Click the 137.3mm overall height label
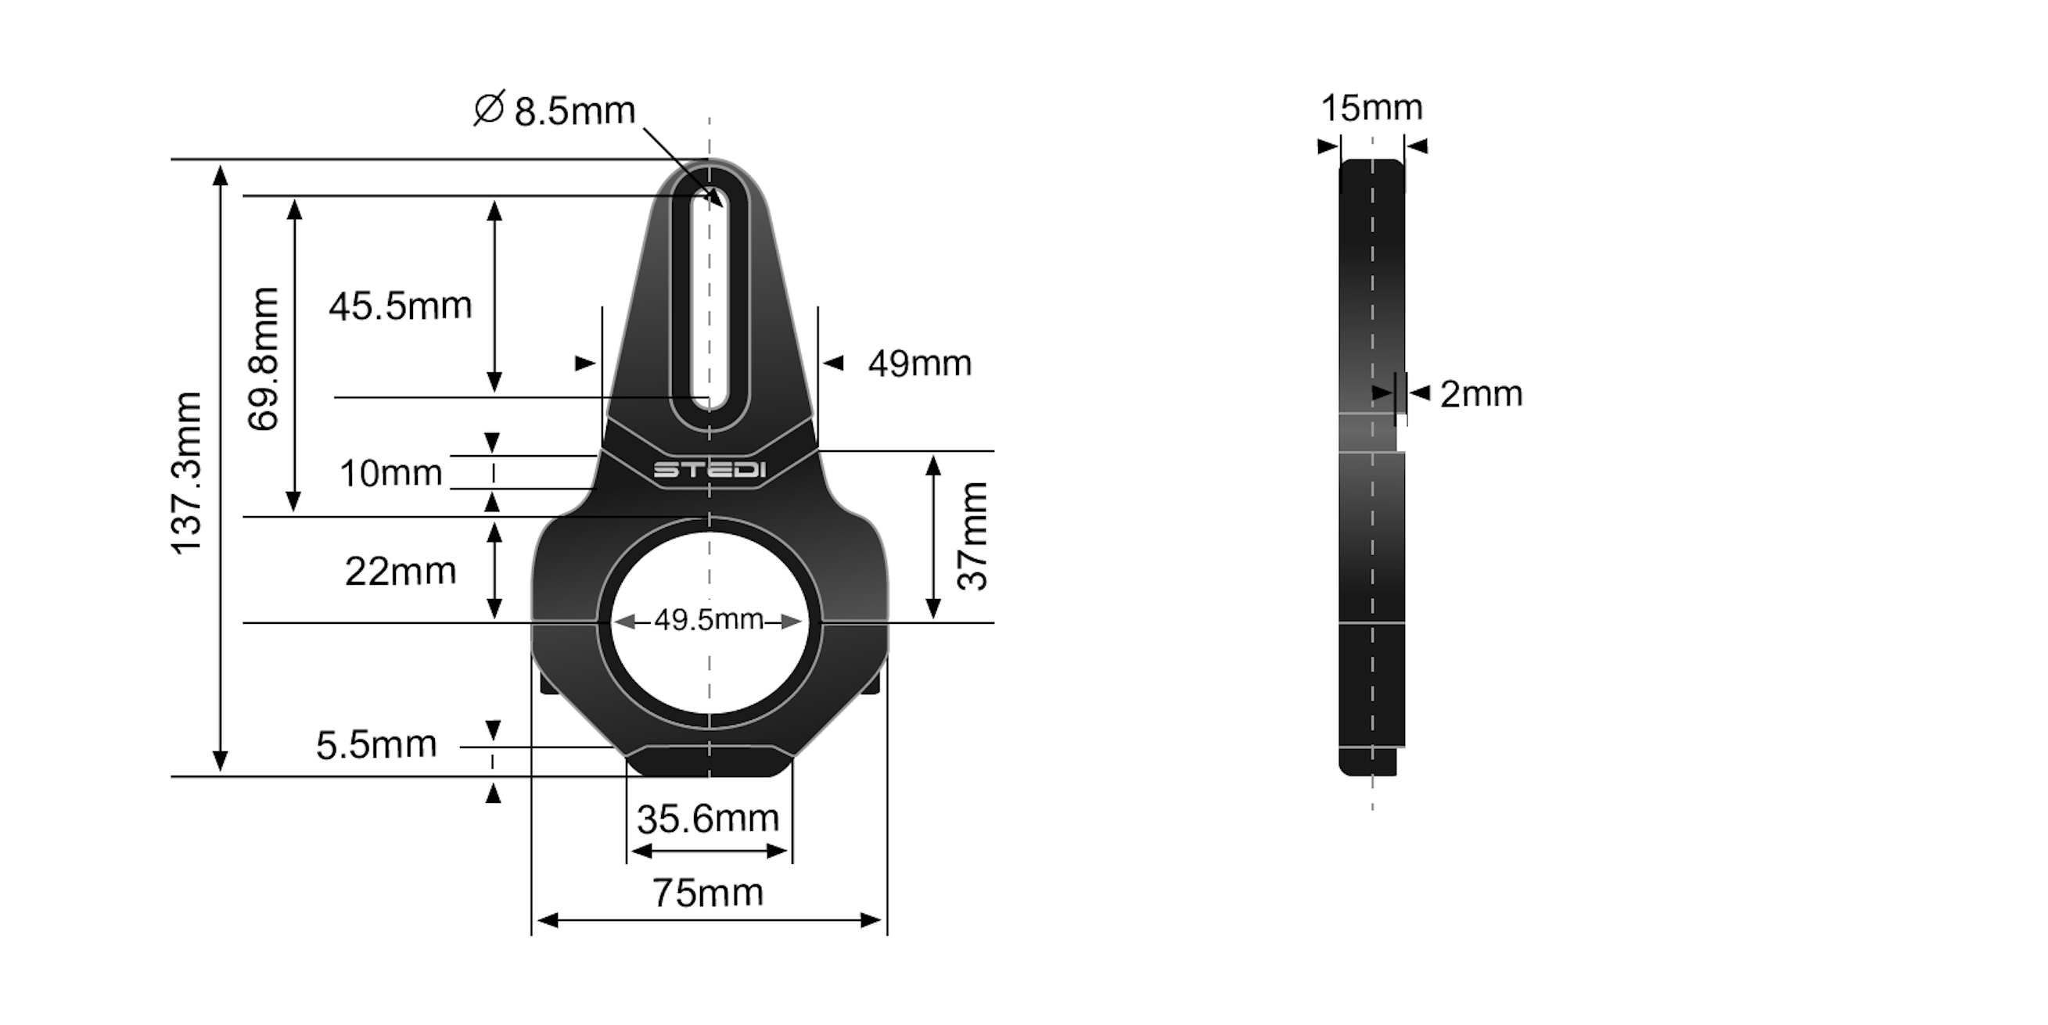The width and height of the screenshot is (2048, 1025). [188, 473]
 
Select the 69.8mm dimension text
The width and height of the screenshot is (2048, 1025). [263, 359]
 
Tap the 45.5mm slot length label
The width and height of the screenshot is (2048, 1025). [400, 306]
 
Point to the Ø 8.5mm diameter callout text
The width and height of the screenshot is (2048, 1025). [555, 110]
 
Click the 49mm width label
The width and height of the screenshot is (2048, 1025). [919, 364]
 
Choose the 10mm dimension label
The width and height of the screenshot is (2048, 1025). [390, 474]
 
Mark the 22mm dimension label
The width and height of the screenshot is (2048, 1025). [400, 572]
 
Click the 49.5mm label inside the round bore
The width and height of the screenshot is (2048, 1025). [709, 620]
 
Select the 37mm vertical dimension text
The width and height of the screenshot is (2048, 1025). [972, 536]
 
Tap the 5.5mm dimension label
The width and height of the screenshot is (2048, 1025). [376, 745]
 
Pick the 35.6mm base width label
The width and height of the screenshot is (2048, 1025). [708, 819]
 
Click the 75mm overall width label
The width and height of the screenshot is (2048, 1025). [708, 893]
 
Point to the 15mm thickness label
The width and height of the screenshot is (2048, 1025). [1371, 108]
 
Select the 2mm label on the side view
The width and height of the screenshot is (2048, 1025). [1480, 394]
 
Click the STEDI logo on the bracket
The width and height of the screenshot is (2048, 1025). [710, 471]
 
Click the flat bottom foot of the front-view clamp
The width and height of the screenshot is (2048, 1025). [710, 763]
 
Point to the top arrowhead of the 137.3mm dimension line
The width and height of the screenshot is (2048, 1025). [221, 175]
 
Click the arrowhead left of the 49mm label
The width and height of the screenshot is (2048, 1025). [832, 364]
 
